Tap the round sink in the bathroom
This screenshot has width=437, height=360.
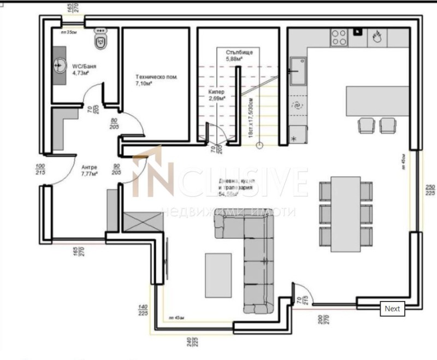click(x=60, y=66)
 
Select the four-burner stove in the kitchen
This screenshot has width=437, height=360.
click(x=339, y=37)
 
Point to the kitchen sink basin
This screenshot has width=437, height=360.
click(x=298, y=71)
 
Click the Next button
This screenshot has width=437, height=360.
click(x=392, y=309)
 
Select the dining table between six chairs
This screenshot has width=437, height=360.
click(x=345, y=213)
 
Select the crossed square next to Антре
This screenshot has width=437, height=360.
click(x=143, y=223)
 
